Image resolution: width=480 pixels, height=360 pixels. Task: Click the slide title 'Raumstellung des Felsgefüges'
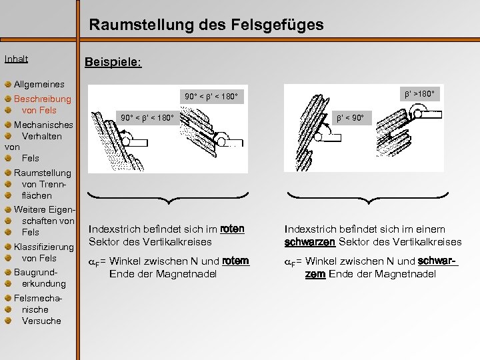[x=206, y=25]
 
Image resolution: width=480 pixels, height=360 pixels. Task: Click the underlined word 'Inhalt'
[x=16, y=59]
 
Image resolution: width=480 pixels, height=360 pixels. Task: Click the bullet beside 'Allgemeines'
[x=7, y=85]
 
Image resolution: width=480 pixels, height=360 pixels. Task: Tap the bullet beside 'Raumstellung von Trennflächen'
[x=7, y=173]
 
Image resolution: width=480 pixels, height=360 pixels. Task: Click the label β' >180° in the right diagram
[x=417, y=94]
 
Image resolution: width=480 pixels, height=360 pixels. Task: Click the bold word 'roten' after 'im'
[x=231, y=229]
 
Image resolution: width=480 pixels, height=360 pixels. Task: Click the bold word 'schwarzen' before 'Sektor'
[x=309, y=241]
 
